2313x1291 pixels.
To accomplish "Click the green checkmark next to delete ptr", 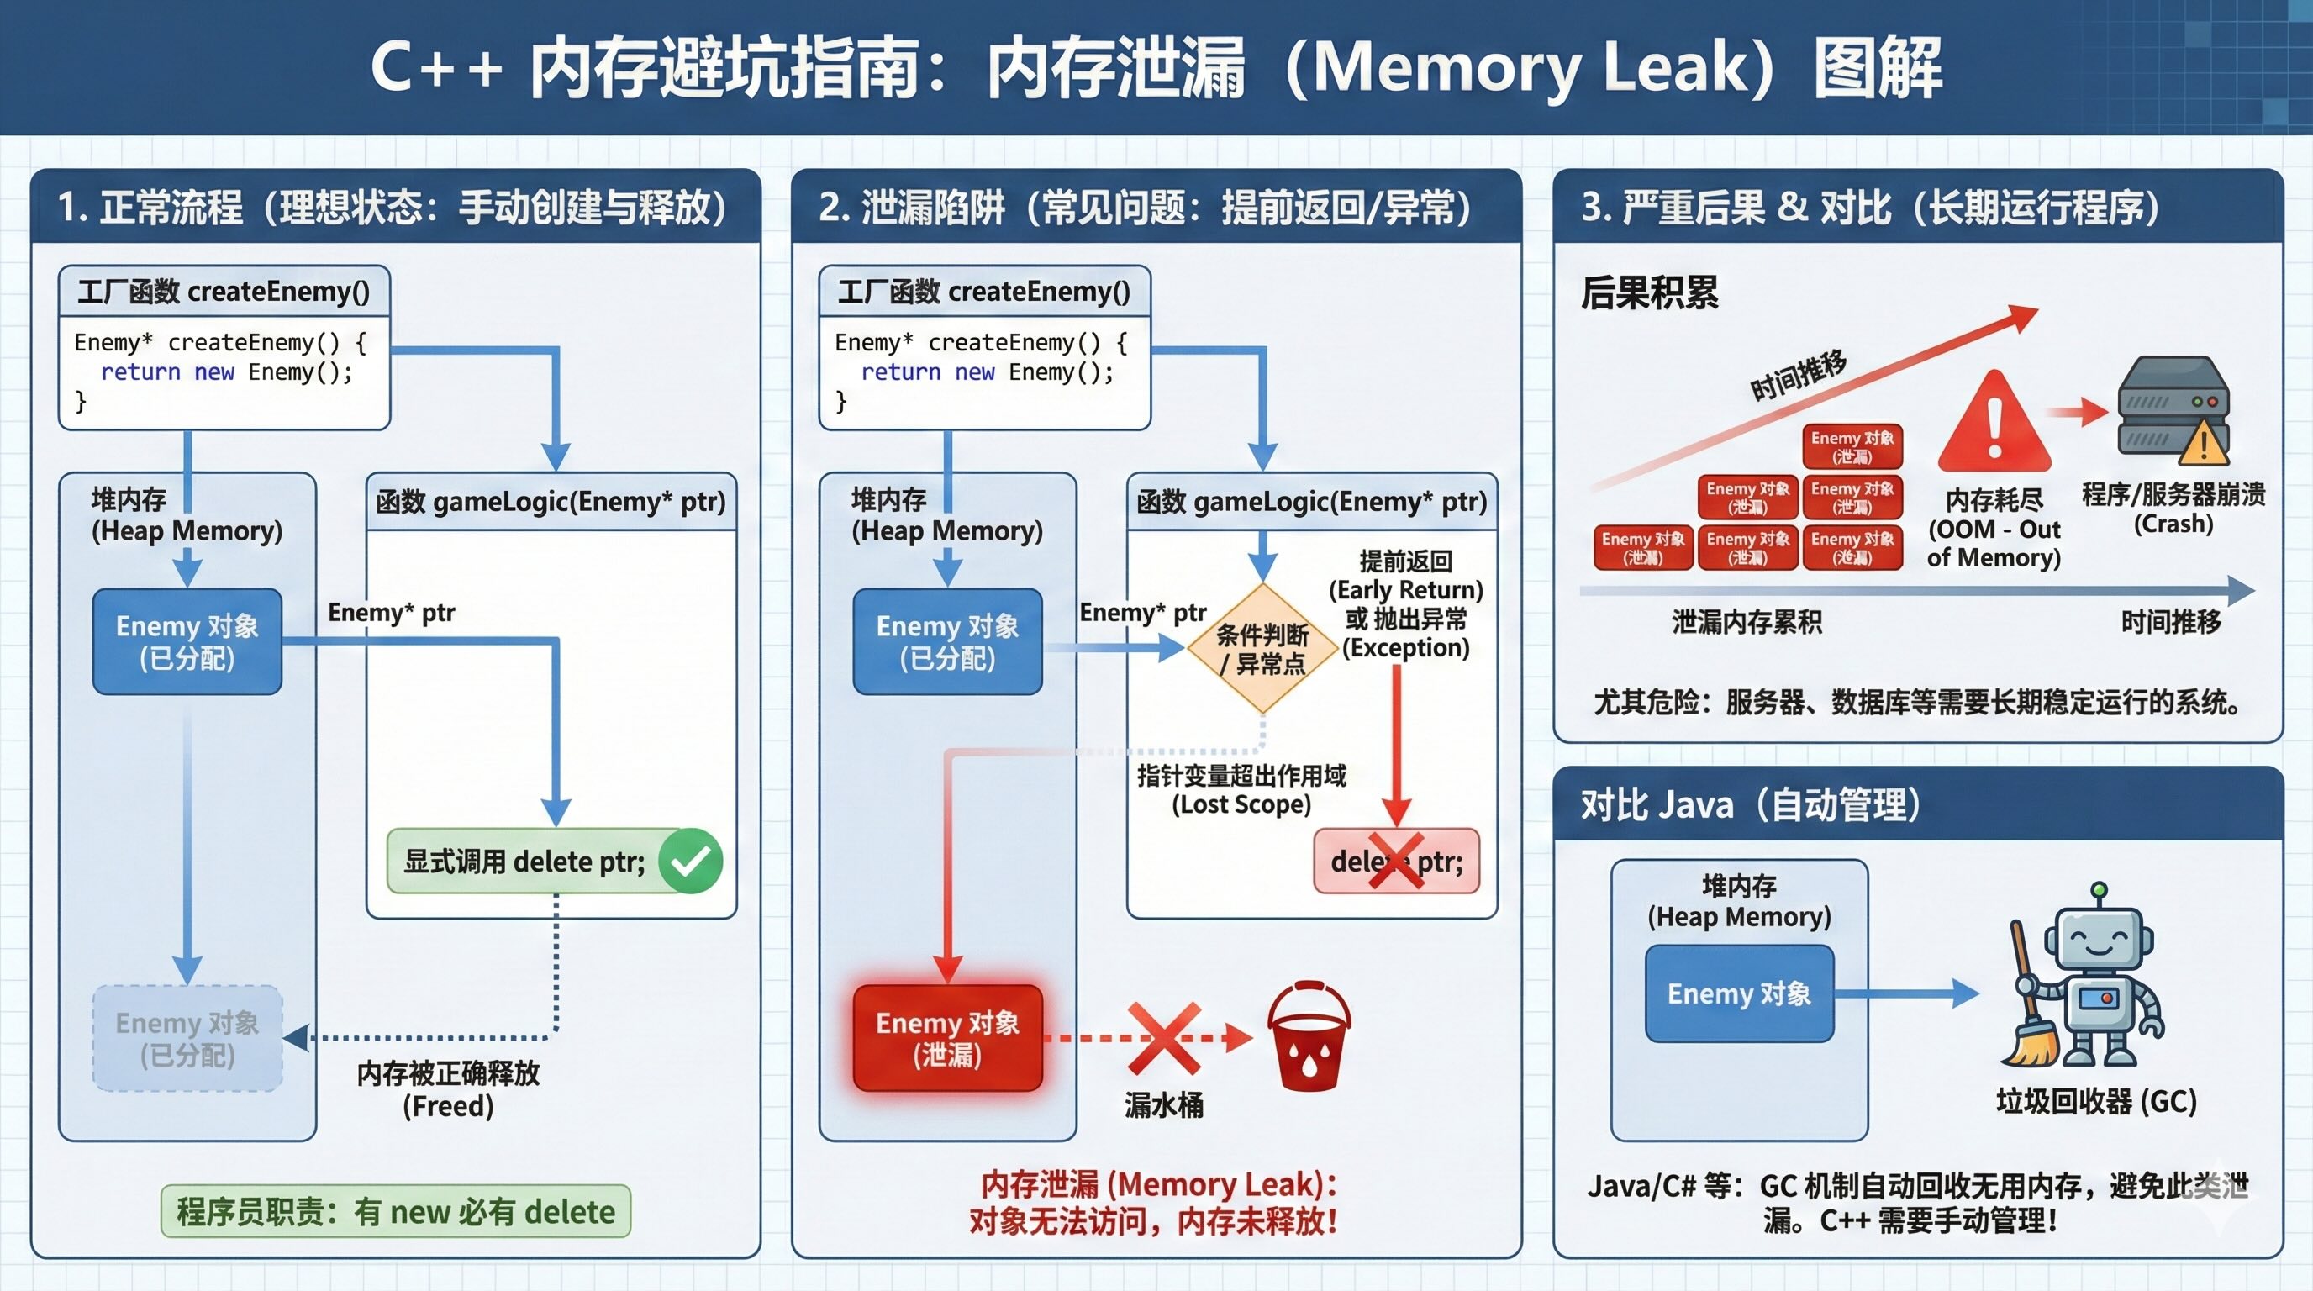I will (x=691, y=861).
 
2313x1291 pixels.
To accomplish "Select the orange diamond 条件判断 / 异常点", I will (x=1262, y=648).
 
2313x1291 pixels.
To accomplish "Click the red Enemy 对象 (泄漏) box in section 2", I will (x=947, y=1038).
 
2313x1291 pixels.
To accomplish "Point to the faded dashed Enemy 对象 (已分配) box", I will (x=187, y=1038).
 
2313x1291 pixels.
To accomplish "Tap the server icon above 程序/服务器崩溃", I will (x=2172, y=409).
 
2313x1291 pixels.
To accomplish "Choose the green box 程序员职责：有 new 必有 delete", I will (x=395, y=1211).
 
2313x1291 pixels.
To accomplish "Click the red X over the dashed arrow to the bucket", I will (x=1165, y=1038).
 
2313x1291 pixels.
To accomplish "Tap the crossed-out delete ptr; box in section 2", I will (x=1396, y=861).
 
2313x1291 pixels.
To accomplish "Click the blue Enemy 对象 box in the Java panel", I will (x=1739, y=993).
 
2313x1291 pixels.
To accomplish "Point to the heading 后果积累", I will (x=1650, y=292).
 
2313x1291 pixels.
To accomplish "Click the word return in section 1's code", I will (x=140, y=371).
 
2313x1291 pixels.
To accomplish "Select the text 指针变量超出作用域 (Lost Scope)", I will (x=1241, y=789).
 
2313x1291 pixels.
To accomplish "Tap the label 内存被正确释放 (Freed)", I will (x=448, y=1088).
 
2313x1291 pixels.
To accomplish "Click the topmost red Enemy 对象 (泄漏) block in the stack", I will (x=1852, y=446).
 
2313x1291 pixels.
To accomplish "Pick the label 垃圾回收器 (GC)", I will (x=2095, y=1101).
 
